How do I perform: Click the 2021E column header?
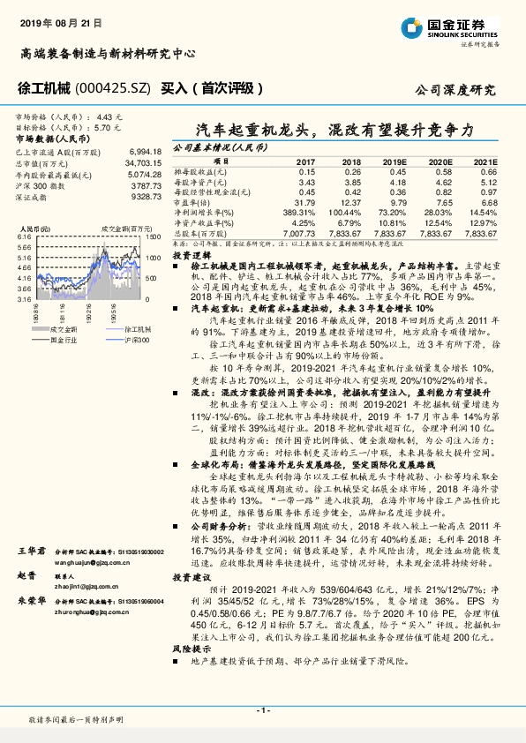[x=485, y=162]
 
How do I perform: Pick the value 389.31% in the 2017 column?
[x=299, y=213]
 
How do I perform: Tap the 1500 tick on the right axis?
[x=153, y=238]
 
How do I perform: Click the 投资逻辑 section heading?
[x=190, y=252]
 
